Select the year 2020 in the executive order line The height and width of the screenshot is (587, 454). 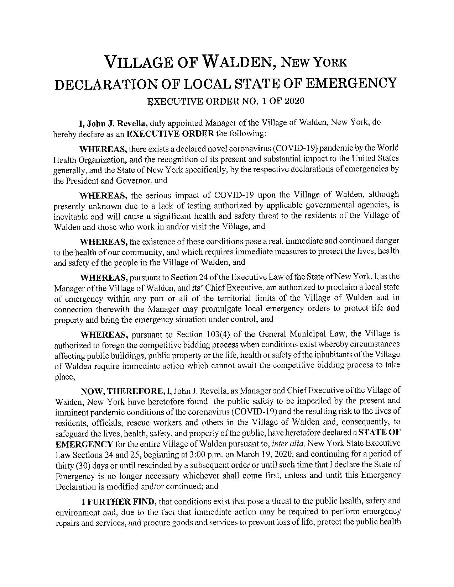coord(294,101)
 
